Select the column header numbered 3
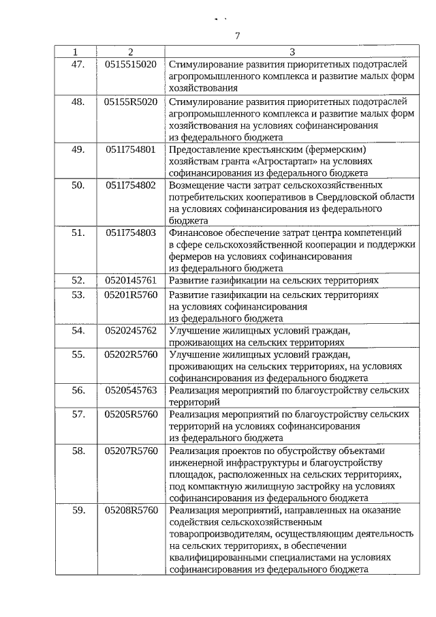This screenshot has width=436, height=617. pos(292,52)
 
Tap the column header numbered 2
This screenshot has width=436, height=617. pos(131,52)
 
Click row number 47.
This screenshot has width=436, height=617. pos(78,64)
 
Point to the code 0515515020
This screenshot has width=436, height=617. pos(131,64)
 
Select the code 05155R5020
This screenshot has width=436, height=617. pos(131,102)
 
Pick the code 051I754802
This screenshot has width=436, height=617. pos(131,185)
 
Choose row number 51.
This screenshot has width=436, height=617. pos(78,232)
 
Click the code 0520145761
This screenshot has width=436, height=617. pos(131,280)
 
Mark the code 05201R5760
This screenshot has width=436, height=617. pos(131,295)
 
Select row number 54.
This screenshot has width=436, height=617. pos(78,331)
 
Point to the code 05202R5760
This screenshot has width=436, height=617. pos(131,355)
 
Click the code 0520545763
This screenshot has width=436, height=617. pos(131,391)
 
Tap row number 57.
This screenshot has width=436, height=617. pos(78,415)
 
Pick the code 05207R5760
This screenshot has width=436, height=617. pos(131,451)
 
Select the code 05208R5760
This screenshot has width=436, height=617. pos(131,510)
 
